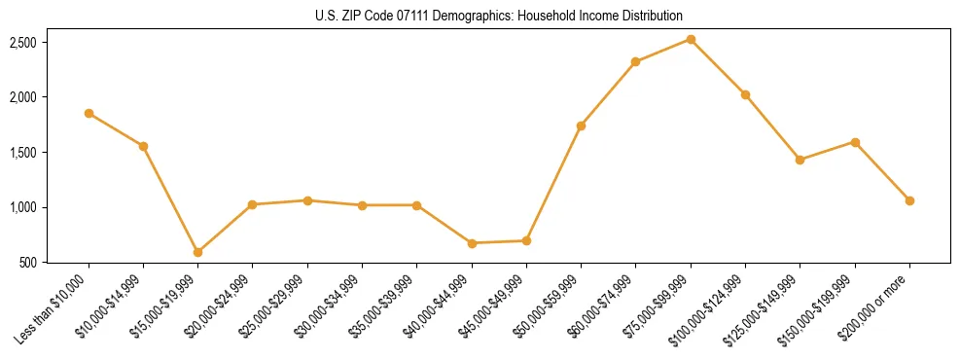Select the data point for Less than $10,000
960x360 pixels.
[89, 114]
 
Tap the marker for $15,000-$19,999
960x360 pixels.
[197, 252]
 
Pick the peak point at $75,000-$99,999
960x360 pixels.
[691, 39]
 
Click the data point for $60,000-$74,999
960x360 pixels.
[635, 62]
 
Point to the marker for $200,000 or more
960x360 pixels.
[909, 200]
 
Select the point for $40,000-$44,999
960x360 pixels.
[472, 243]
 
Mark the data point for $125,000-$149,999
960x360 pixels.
[800, 160]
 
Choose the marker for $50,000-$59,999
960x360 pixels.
[581, 126]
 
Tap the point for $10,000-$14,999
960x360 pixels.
[143, 146]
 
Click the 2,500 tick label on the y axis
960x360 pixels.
[23, 43]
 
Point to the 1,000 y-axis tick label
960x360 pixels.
[23, 207]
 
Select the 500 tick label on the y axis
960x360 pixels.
[29, 263]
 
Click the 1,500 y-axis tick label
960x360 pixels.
[23, 153]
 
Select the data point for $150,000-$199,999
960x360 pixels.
[855, 142]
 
